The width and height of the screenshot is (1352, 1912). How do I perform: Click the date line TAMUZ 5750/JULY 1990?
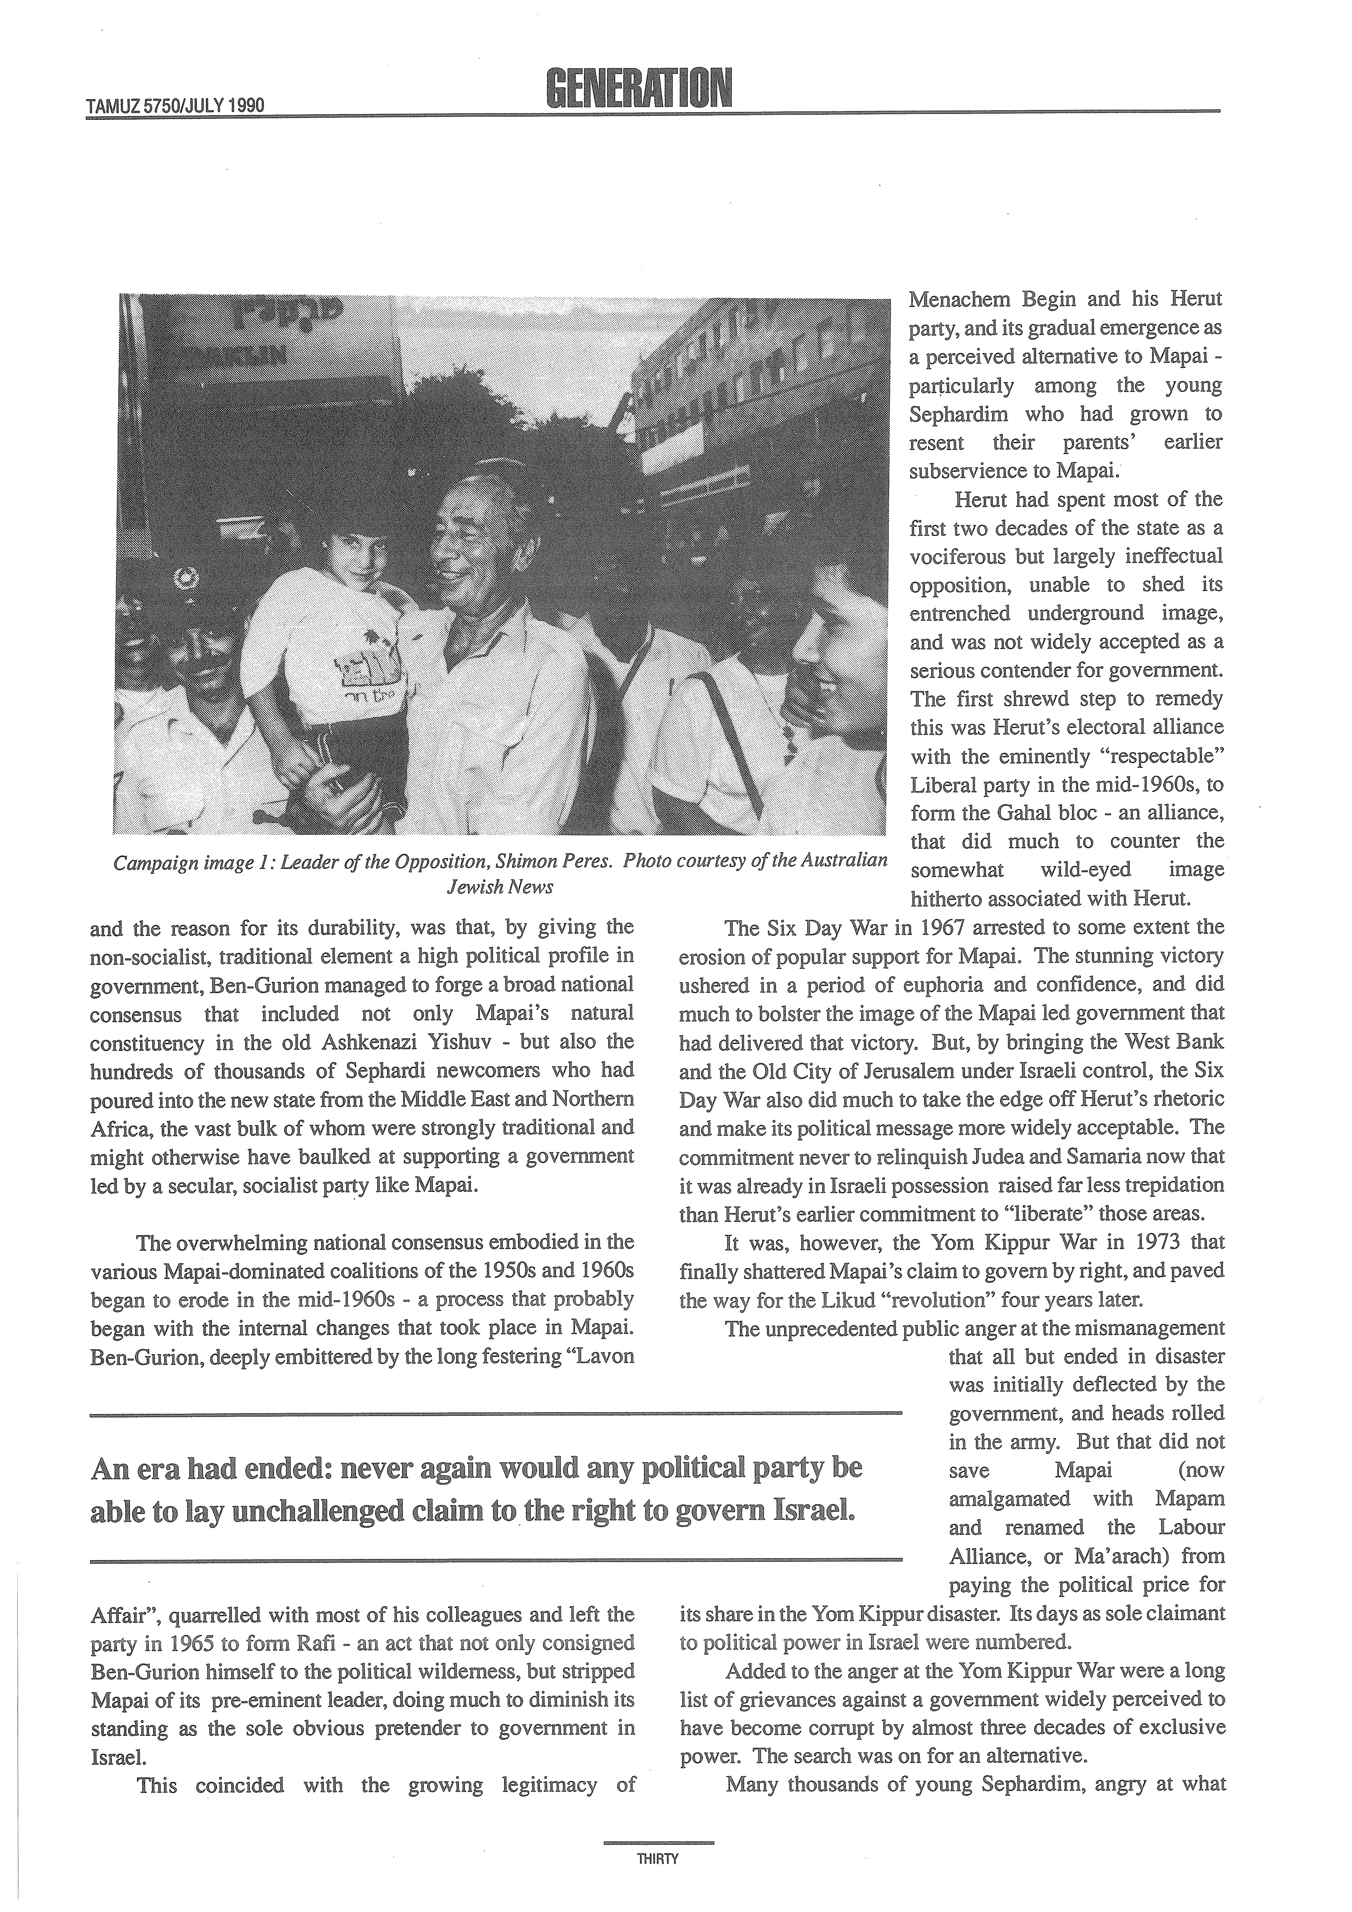click(x=175, y=106)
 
